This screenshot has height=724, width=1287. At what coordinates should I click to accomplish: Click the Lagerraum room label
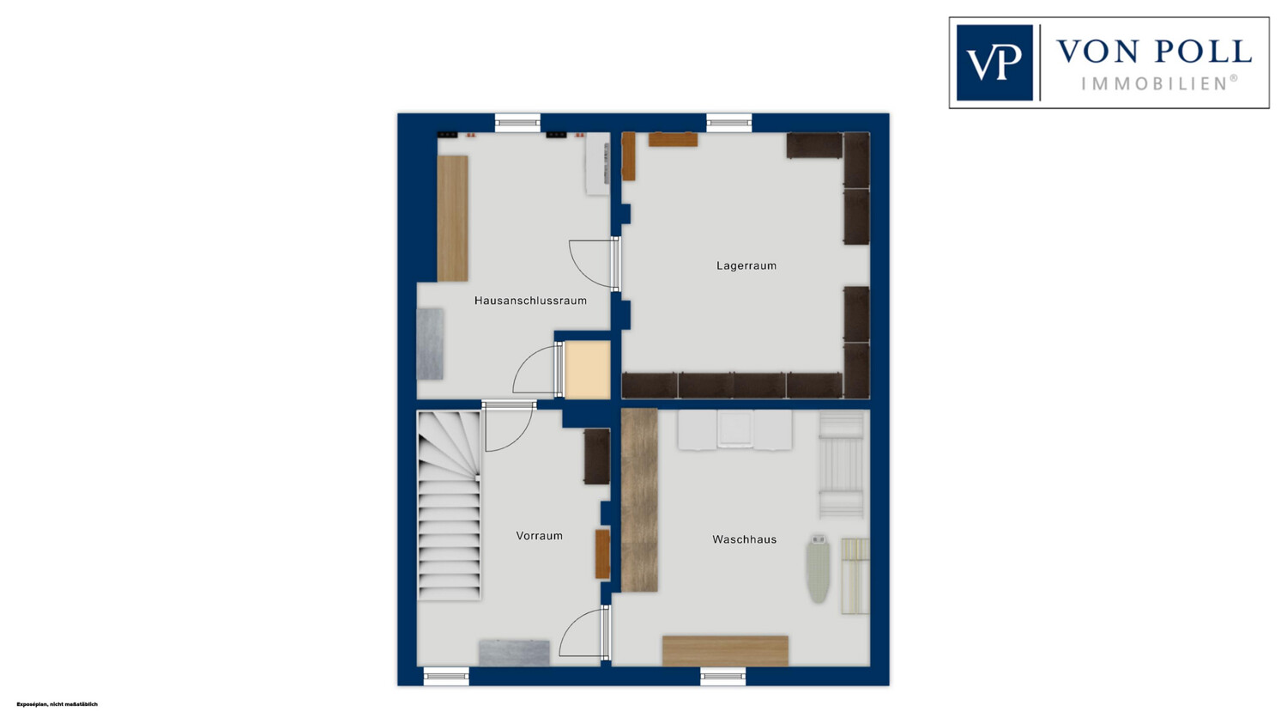pos(746,265)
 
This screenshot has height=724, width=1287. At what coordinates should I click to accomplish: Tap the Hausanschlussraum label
pos(530,301)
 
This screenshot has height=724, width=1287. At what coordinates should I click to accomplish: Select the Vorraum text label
pos(539,536)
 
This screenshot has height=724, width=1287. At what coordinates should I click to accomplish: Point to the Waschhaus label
pos(744,539)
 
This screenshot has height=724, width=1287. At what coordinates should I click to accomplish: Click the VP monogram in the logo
pos(994,63)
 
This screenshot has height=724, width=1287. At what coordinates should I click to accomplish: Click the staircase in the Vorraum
pos(448,506)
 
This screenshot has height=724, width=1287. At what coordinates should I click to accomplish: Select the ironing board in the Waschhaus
pos(819,569)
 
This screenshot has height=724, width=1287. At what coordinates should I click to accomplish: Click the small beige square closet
pos(587,370)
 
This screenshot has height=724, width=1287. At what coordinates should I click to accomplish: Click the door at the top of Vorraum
pos(509,427)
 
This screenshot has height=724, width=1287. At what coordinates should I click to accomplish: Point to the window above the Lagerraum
pos(728,123)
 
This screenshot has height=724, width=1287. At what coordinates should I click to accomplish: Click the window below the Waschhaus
pos(722,676)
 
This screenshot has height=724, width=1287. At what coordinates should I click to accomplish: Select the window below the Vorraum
pos(446,676)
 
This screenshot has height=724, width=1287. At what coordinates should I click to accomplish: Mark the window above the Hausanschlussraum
pos(517,123)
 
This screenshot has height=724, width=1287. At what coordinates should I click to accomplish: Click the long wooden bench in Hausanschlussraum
pos(452,218)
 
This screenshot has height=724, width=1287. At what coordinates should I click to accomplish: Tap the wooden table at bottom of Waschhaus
pos(725,651)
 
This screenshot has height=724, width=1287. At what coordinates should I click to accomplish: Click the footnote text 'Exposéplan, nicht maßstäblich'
pos(57,704)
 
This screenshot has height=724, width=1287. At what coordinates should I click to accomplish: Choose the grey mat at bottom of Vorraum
pos(514,654)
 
